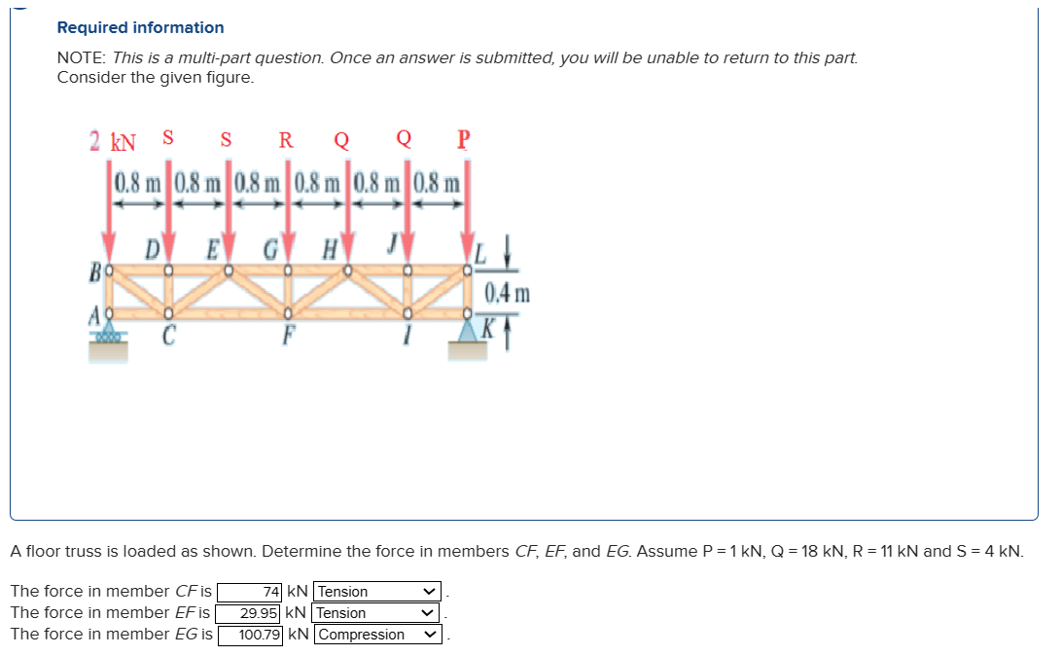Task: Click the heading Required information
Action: pos(140,27)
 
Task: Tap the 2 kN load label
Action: pos(112,140)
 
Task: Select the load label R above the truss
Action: pos(286,139)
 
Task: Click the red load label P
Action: pos(462,138)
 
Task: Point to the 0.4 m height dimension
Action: pos(508,292)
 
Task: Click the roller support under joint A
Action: pos(108,334)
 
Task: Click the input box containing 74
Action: pos(250,592)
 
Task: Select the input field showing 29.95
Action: pos(250,613)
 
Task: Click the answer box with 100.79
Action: pos(250,635)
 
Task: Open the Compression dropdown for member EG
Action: pos(377,635)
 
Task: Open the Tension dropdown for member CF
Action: pos(377,592)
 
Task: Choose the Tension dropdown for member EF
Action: pos(377,613)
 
